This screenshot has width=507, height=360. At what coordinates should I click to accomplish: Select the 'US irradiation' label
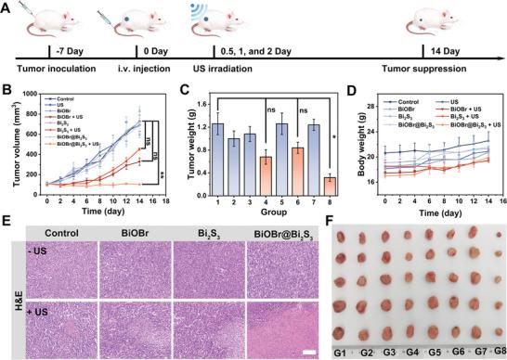222,69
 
